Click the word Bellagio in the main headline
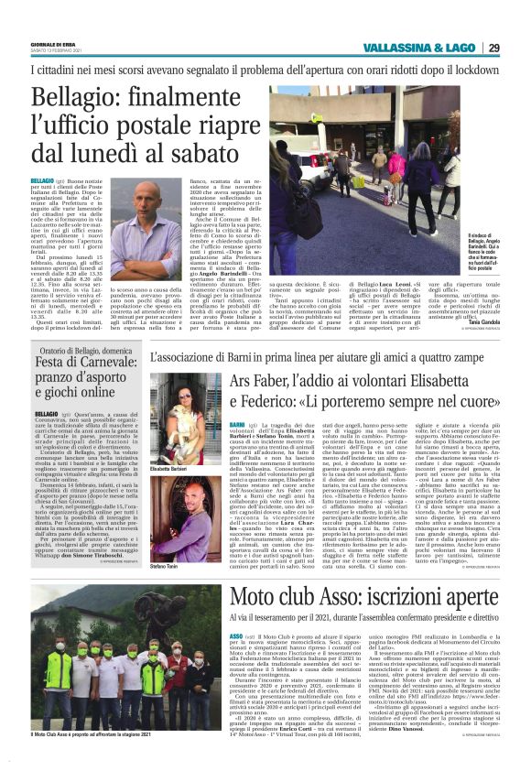click(x=80, y=99)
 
